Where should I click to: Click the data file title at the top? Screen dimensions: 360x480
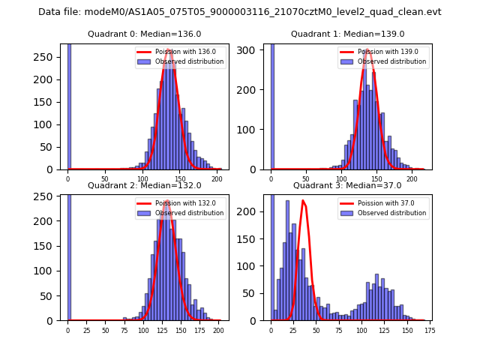240,12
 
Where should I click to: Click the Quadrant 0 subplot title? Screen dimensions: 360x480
145,34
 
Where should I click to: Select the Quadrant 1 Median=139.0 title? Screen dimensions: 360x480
348,34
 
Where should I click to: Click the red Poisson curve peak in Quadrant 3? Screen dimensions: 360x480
303,201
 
